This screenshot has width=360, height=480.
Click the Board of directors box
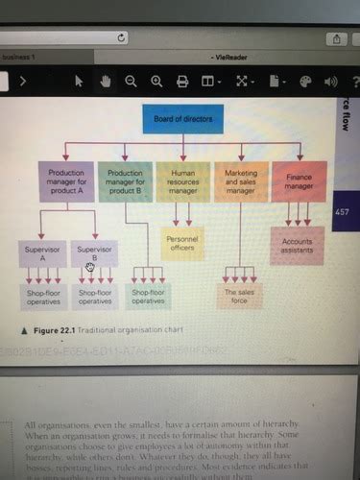pos(189,121)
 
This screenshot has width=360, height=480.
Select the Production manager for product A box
pos(66,180)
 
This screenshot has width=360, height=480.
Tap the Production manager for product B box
pos(126,180)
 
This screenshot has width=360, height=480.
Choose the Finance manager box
pos(299,180)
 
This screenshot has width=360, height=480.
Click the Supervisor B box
pos(94,253)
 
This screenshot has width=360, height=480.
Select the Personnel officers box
pos(182,244)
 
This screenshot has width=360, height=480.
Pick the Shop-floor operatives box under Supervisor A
pos(40,296)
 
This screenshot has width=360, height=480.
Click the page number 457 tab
pos(343,210)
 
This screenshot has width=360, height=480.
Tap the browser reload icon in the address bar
pos(122,37)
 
